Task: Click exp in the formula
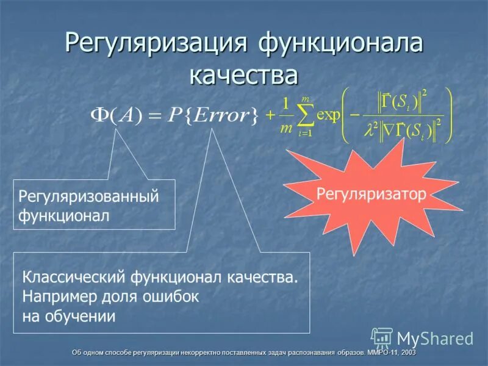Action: (328, 116)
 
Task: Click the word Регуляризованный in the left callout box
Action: (89, 196)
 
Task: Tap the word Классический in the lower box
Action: (74, 278)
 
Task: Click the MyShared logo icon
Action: (382, 337)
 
